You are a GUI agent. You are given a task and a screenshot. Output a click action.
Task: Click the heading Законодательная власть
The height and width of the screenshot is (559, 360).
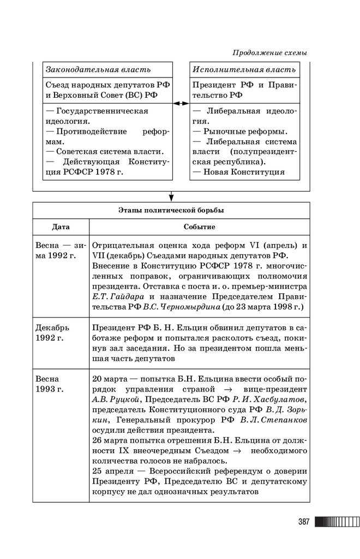98,70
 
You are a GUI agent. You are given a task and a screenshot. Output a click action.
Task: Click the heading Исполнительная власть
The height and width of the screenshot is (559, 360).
244,70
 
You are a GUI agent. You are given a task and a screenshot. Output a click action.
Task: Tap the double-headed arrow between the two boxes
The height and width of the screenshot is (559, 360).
181,102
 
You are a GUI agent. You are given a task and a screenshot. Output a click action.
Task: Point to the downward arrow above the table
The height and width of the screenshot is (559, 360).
171,196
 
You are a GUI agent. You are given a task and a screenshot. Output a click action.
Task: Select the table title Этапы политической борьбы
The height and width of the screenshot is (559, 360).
171,210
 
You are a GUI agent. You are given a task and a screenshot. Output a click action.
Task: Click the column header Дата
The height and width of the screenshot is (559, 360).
61,227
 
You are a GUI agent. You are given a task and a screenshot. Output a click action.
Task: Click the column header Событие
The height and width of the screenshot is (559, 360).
199,227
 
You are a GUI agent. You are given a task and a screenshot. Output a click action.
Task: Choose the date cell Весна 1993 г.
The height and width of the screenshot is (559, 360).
49,384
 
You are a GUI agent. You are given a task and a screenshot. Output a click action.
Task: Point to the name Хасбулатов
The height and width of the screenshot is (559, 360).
278,399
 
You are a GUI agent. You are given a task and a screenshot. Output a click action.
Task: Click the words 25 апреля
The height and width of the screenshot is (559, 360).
112,471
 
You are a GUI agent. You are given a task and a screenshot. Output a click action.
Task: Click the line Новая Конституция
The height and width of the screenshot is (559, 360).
244,172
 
